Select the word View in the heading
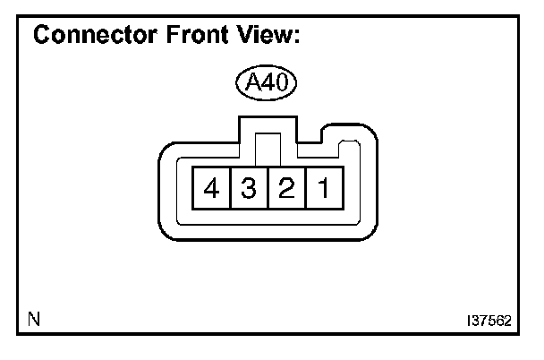pos(259,37)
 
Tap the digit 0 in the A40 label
pos(282,85)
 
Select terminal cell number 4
pos(212,188)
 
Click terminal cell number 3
pos(249,188)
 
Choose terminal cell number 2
pos(286,188)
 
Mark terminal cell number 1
pos(324,188)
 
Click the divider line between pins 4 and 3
pos(230,188)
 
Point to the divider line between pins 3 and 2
pos(268,188)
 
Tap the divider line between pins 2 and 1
pos(305,188)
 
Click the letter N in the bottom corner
pos(33,318)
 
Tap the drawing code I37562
pos(489,319)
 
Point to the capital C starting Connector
pos(41,37)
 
